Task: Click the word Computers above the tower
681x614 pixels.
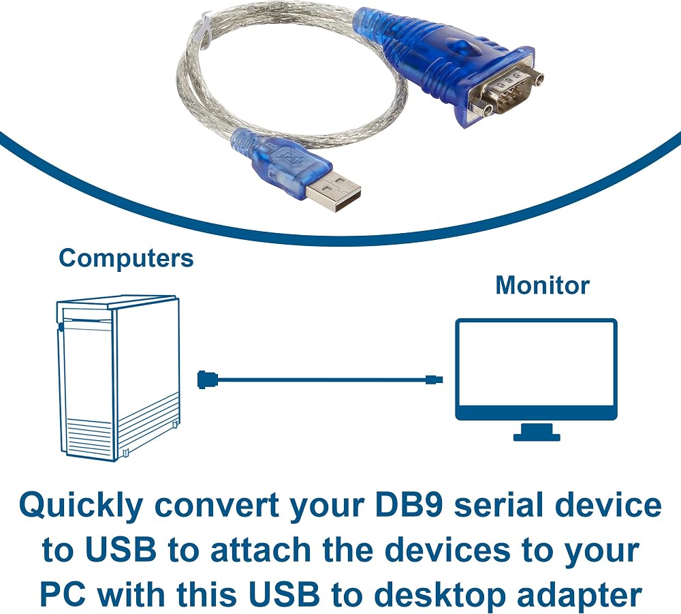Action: (126, 258)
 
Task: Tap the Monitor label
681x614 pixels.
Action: (543, 286)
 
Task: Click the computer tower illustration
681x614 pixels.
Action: (118, 378)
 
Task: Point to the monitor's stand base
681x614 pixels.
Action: (537, 435)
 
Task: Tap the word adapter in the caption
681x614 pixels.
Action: (580, 596)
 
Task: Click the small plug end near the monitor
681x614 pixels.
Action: (434, 380)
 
